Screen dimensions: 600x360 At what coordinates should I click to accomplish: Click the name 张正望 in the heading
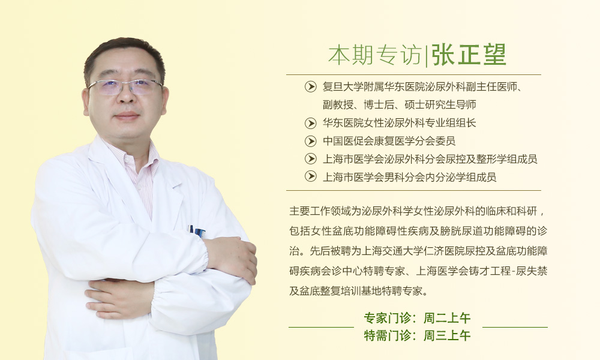(469, 55)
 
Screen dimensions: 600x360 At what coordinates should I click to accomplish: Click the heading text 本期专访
(375, 55)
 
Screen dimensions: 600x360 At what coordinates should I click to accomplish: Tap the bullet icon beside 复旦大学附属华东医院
(310, 87)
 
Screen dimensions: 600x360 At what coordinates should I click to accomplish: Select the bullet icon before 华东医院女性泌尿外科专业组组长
(310, 123)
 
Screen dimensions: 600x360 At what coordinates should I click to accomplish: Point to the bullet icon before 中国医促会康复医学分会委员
(310, 141)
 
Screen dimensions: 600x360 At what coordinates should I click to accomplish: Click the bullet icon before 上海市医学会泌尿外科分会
(310, 159)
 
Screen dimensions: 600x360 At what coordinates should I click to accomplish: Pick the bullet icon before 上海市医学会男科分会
(310, 176)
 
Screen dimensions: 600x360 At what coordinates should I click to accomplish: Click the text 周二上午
(447, 318)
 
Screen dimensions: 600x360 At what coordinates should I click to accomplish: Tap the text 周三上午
(447, 335)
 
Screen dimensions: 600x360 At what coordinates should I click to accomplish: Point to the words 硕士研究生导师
(440, 104)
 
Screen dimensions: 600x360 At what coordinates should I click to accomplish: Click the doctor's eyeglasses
(125, 87)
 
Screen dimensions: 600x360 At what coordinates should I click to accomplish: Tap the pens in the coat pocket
(197, 231)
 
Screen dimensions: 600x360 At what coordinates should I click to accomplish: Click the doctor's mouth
(127, 116)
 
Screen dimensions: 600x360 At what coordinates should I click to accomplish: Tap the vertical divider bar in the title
(427, 55)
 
